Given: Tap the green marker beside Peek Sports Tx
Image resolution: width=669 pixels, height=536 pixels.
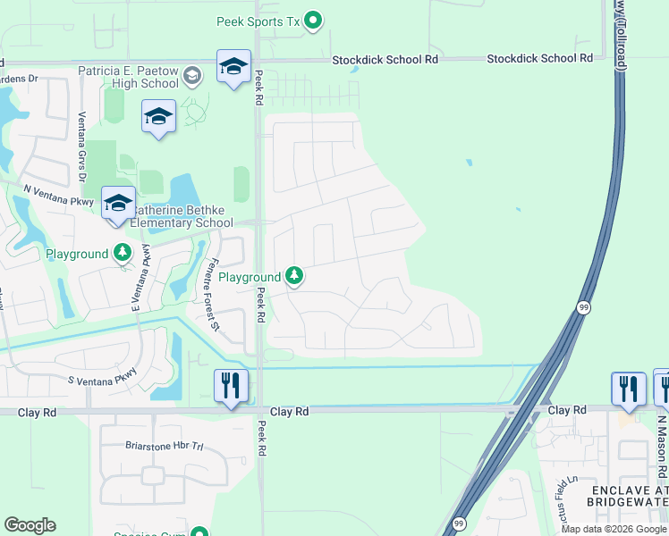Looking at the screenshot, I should (x=313, y=20).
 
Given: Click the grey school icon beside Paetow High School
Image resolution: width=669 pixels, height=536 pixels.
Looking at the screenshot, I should (x=192, y=76).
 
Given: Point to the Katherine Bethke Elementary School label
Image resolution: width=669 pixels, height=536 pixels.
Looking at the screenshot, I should (x=182, y=223).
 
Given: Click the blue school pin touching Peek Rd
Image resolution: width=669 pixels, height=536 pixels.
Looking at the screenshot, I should (x=233, y=67).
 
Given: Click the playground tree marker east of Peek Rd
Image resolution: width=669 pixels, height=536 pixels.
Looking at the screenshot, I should (x=294, y=277).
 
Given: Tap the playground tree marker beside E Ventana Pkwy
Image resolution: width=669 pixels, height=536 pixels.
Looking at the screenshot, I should (x=122, y=254).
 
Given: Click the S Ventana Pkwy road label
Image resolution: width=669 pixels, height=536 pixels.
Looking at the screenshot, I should (x=102, y=376).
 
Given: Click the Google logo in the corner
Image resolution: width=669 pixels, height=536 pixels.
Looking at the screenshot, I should (x=30, y=525).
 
